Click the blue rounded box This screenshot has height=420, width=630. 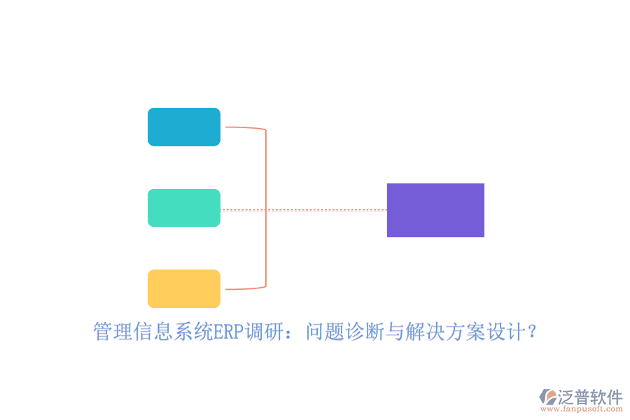184,127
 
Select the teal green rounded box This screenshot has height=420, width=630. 184,208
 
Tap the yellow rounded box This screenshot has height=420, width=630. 184,288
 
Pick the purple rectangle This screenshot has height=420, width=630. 435,210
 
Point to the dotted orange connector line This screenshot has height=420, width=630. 304,210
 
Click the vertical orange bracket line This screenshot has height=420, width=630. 266,208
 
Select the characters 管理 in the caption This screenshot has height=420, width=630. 113,332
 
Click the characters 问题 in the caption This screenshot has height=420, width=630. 325,332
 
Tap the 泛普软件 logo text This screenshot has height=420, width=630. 590,397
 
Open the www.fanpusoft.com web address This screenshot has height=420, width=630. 582,409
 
